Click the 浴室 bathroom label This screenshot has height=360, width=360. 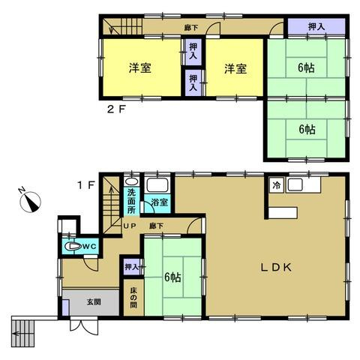click(158, 201)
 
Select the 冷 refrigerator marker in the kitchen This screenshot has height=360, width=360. click(277, 185)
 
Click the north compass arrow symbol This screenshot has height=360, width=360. click(29, 202)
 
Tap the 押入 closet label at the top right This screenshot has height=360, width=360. click(316, 27)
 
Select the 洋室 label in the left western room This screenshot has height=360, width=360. click(140, 68)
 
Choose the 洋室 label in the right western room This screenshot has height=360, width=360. click(234, 68)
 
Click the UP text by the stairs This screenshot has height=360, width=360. click(128, 226)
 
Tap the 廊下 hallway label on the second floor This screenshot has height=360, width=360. click(190, 28)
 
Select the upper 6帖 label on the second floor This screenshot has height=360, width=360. click(305, 67)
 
